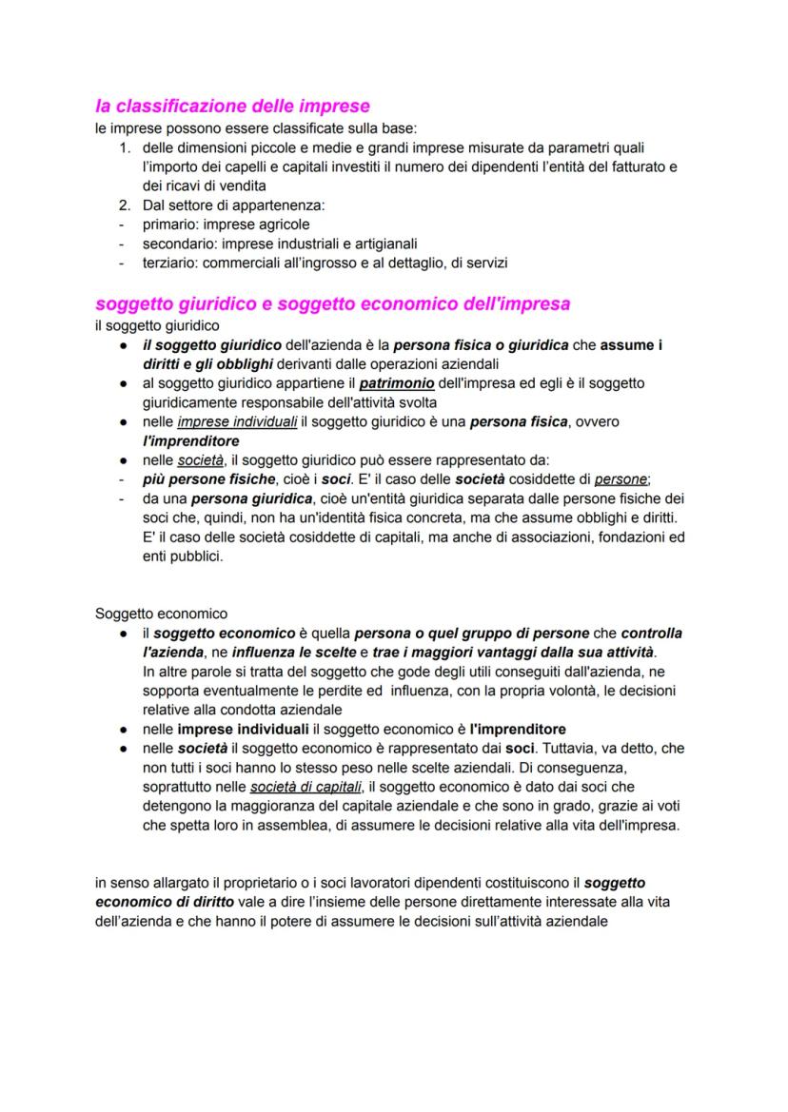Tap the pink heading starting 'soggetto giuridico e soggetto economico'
pos(332,304)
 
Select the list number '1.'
pos(126,147)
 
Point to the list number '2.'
pos(126,205)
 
